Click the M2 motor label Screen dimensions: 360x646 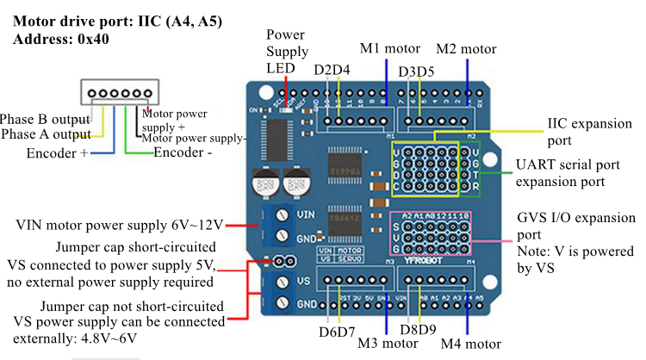pos(466,49)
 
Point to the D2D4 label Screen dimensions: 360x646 pos(332,70)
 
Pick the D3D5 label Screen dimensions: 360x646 pos(416,71)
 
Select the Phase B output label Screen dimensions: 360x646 pos(45,118)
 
